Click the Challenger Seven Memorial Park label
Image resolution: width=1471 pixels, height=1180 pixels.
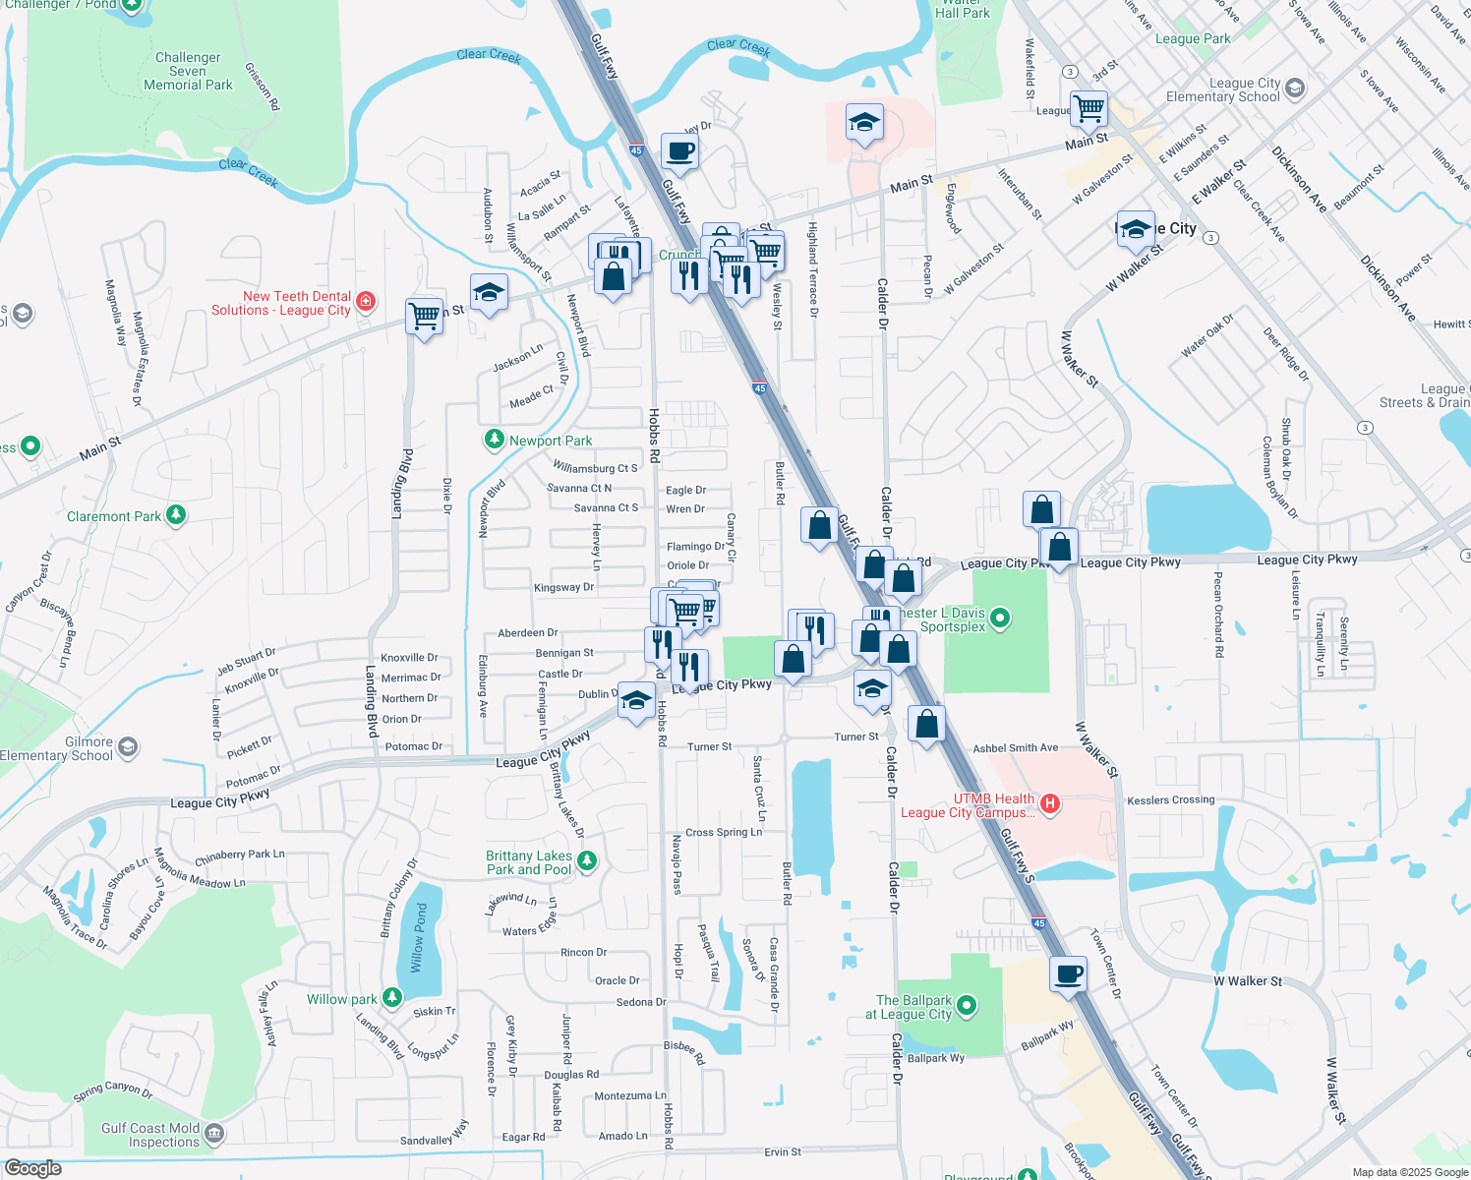tap(188, 72)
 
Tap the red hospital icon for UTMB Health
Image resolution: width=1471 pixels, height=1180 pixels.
tap(1050, 804)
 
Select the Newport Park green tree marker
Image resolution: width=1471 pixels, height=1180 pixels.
tap(495, 440)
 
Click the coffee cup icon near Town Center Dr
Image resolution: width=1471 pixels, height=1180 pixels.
tap(1068, 974)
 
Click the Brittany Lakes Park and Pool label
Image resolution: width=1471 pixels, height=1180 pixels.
tap(528, 862)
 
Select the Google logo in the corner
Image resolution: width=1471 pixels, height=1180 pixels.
tap(32, 1167)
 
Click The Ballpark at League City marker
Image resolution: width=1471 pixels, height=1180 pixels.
tap(967, 1005)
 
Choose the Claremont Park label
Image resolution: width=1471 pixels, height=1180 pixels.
tap(114, 516)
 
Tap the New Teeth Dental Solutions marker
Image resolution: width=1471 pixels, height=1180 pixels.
tap(366, 301)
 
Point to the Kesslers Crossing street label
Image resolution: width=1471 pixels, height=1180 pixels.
tap(1170, 800)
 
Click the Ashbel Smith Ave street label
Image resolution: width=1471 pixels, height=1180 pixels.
tap(1016, 748)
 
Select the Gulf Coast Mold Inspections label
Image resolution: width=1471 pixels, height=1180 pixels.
tap(150, 1135)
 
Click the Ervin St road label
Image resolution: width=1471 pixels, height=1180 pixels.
tap(783, 1151)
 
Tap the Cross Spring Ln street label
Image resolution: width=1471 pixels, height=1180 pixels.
tap(724, 833)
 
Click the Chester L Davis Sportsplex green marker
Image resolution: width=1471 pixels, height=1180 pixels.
tap(1000, 618)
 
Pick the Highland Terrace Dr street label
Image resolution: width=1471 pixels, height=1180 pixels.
tap(813, 269)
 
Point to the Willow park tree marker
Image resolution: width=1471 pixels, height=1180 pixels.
tap(392, 998)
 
